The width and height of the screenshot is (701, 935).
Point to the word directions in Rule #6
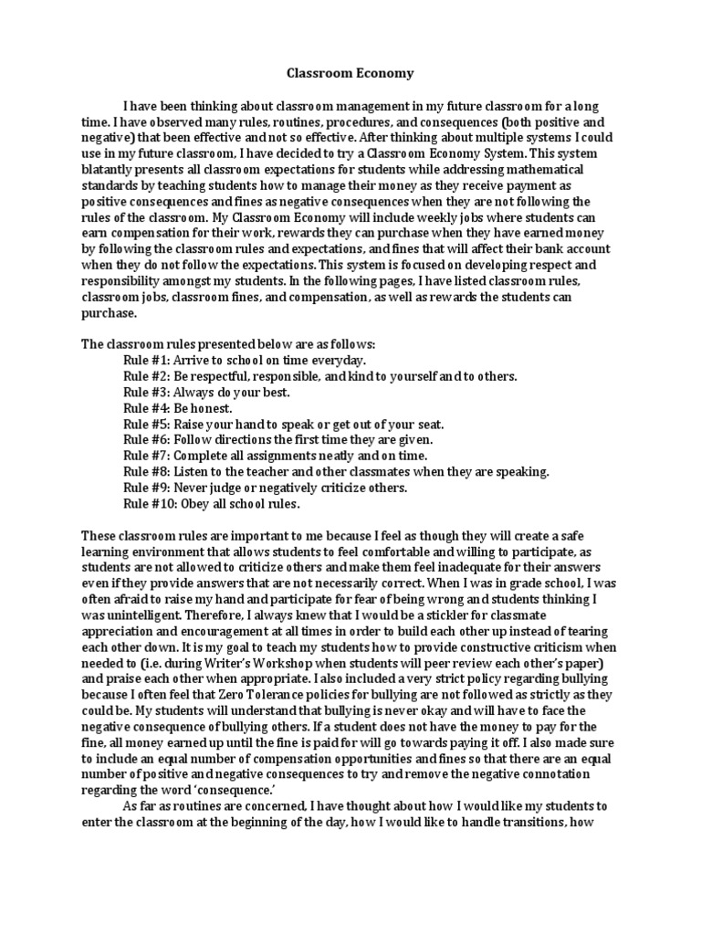(242, 439)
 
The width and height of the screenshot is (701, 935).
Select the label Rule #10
(147, 503)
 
